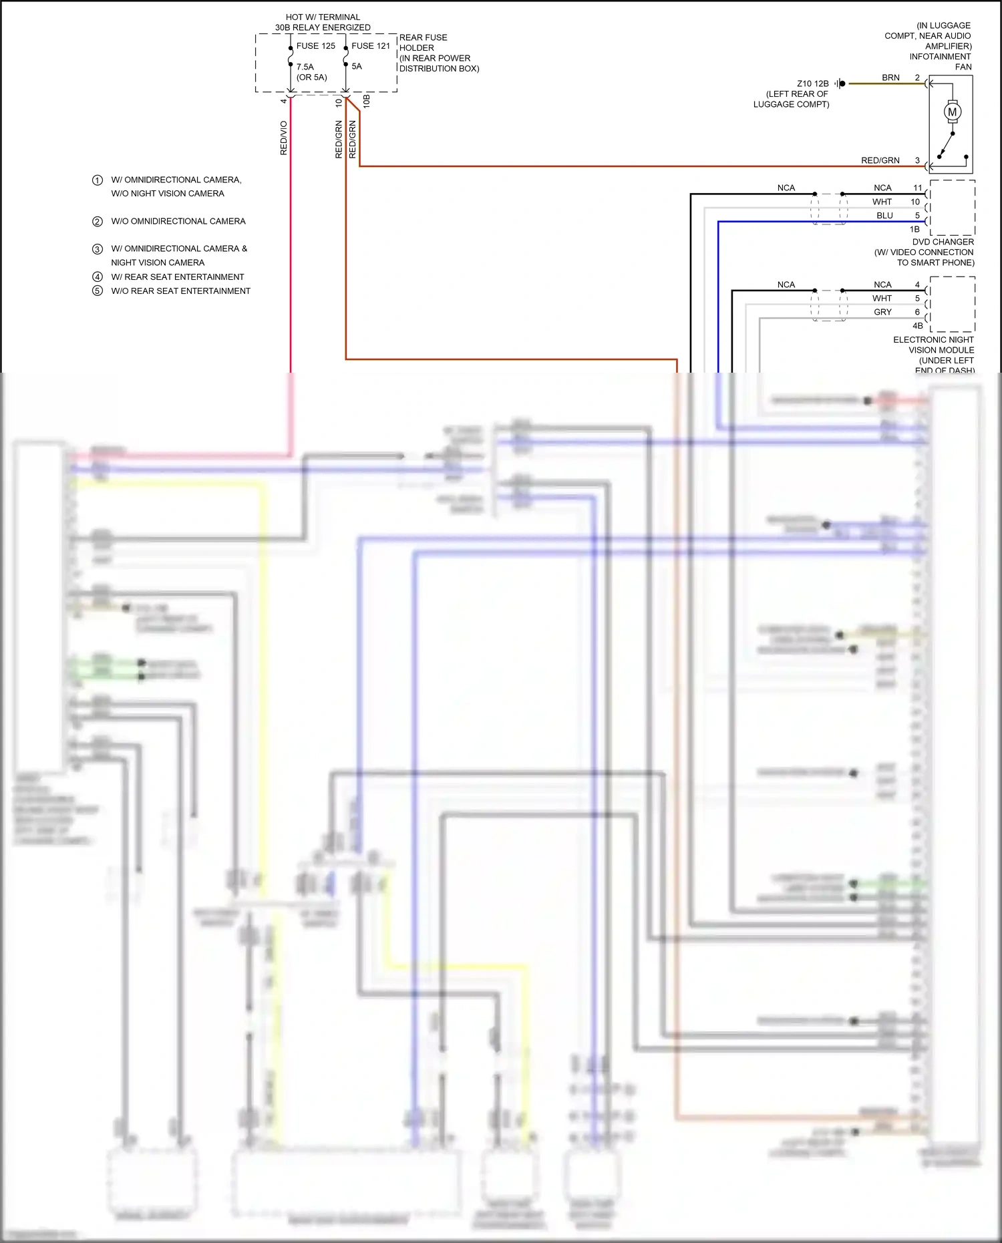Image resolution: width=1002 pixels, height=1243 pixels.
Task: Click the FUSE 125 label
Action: click(x=315, y=46)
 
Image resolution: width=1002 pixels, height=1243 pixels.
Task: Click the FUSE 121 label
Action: click(x=371, y=46)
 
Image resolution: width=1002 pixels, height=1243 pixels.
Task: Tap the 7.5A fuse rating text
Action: click(x=305, y=67)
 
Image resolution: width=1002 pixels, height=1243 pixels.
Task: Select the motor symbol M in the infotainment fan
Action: click(x=953, y=112)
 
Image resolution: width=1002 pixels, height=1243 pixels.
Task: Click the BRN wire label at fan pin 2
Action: click(x=890, y=77)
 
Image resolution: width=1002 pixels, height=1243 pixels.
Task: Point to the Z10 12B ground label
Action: click(x=812, y=83)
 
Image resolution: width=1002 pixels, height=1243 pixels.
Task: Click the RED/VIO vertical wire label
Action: click(x=284, y=138)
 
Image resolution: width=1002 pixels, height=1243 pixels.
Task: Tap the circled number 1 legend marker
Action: click(x=98, y=180)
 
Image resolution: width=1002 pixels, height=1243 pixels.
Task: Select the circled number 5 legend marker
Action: click(x=98, y=291)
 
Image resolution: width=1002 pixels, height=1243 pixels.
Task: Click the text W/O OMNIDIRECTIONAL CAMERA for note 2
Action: click(x=178, y=221)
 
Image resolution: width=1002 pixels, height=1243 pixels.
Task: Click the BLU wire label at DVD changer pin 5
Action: click(x=884, y=216)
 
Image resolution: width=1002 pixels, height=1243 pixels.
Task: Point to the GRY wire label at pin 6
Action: click(x=882, y=312)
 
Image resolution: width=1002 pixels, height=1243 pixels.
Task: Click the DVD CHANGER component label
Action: click(x=943, y=242)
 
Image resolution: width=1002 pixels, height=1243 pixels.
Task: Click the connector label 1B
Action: click(x=914, y=229)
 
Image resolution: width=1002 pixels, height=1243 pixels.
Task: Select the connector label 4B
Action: click(x=918, y=326)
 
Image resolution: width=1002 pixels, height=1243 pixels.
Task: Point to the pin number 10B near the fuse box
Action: click(x=366, y=102)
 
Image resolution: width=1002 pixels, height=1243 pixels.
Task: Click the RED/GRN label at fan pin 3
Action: click(x=880, y=160)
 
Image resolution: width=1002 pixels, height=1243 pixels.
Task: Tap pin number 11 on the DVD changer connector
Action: click(x=917, y=188)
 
